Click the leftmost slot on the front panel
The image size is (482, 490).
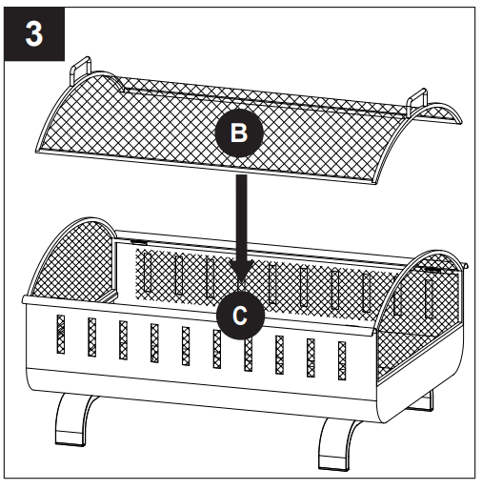click(61, 334)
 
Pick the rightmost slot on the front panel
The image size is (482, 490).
click(341, 359)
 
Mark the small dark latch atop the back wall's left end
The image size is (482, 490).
click(139, 243)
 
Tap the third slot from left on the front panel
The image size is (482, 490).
click(123, 340)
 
